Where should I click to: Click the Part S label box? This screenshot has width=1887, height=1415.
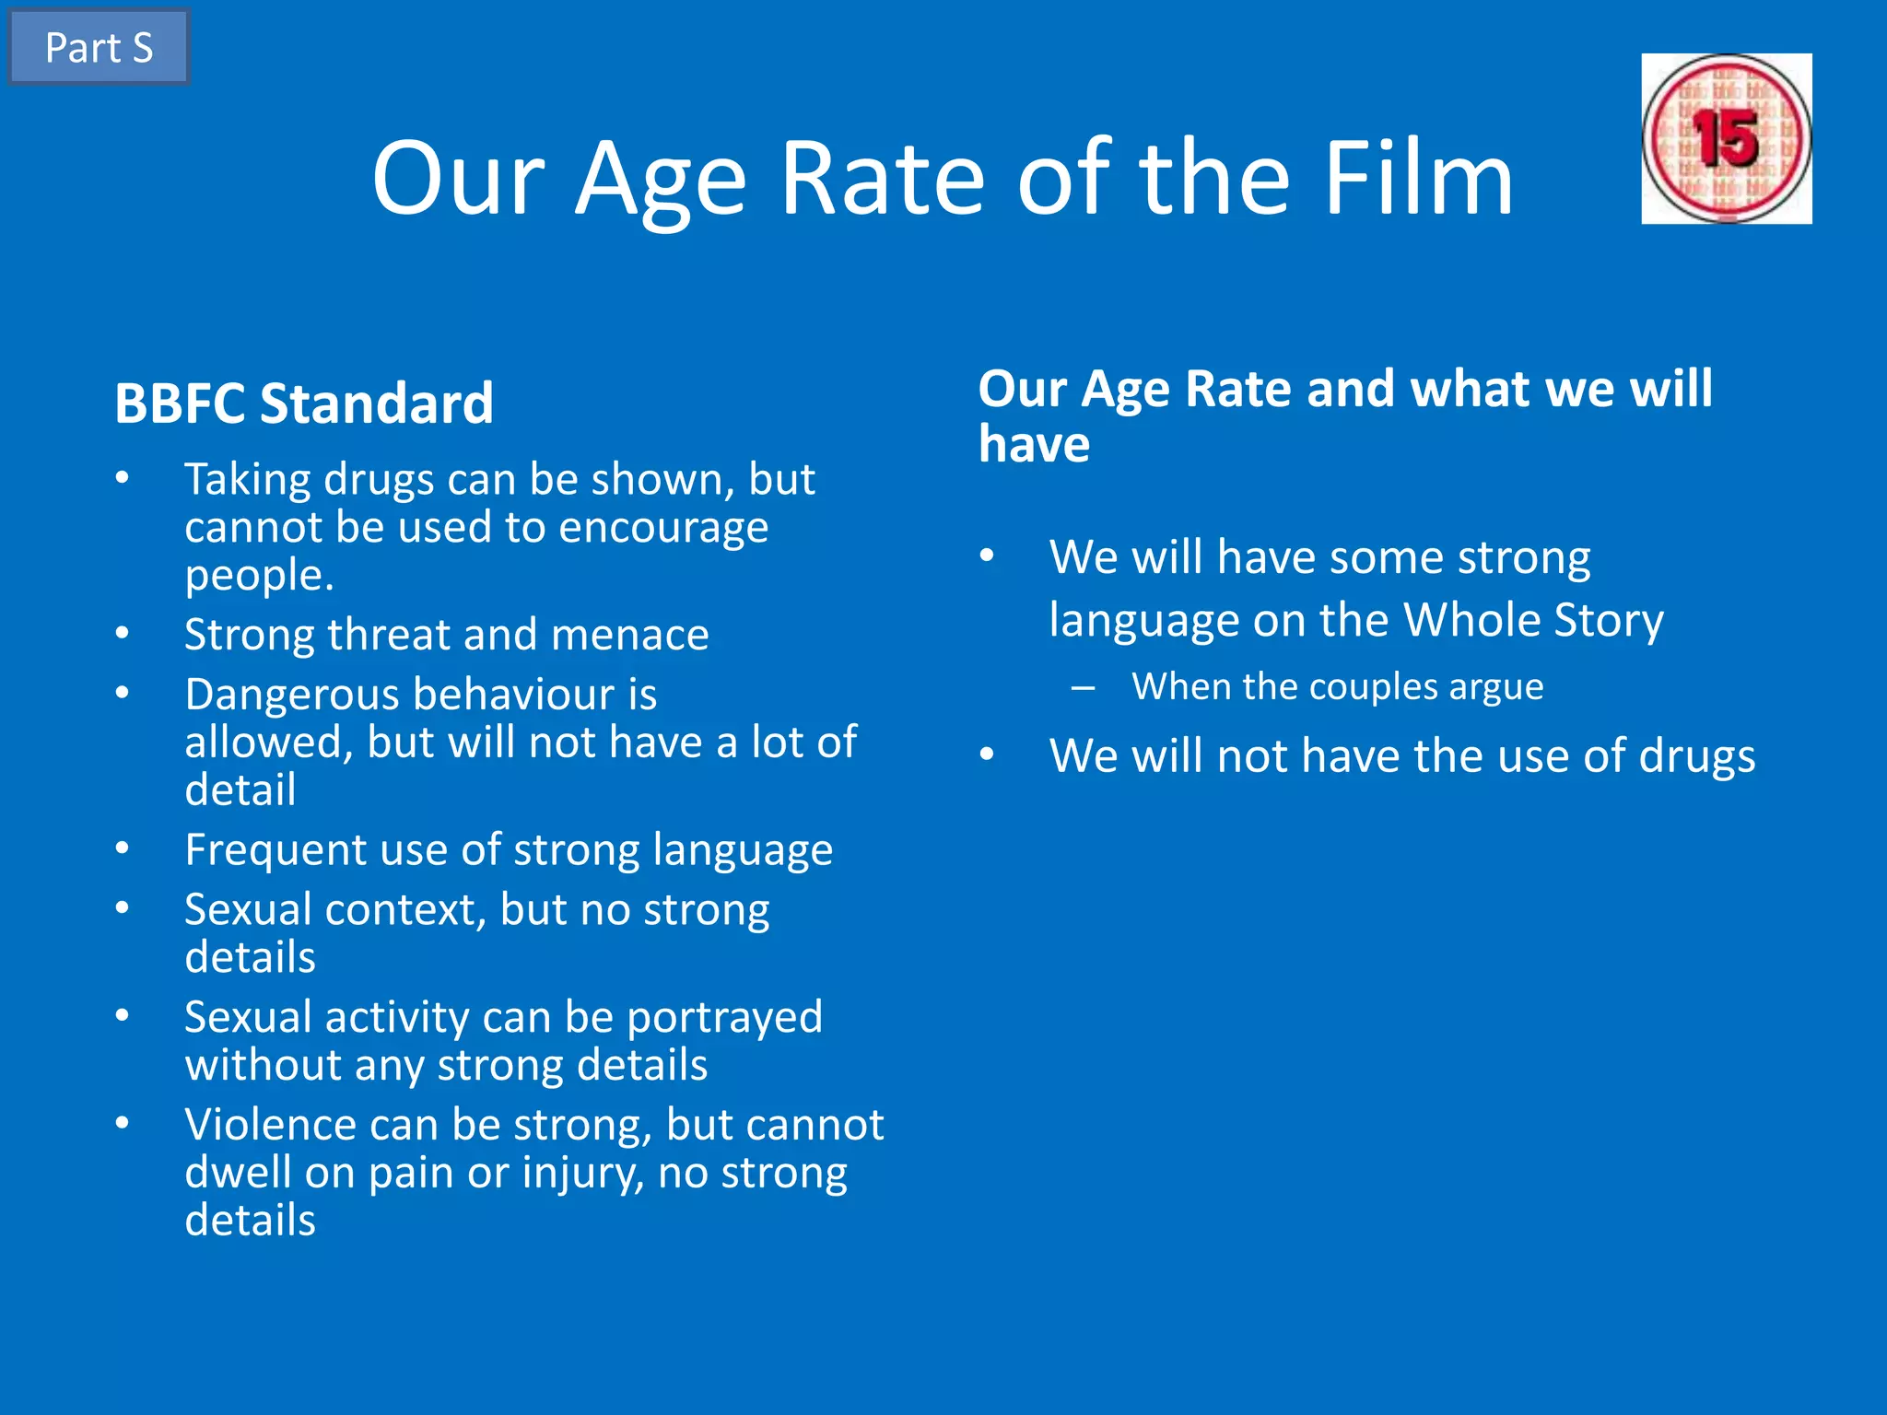point(99,48)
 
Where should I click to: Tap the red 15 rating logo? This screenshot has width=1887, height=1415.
point(1726,139)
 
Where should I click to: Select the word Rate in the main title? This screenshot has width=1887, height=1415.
point(882,179)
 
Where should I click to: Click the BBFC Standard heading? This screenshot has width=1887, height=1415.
point(304,403)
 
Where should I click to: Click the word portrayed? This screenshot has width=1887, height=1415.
point(724,1018)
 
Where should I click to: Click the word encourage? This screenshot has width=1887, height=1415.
point(663,528)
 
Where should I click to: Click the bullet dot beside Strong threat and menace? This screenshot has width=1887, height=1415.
point(123,634)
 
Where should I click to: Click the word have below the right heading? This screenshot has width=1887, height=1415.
point(1034,445)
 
